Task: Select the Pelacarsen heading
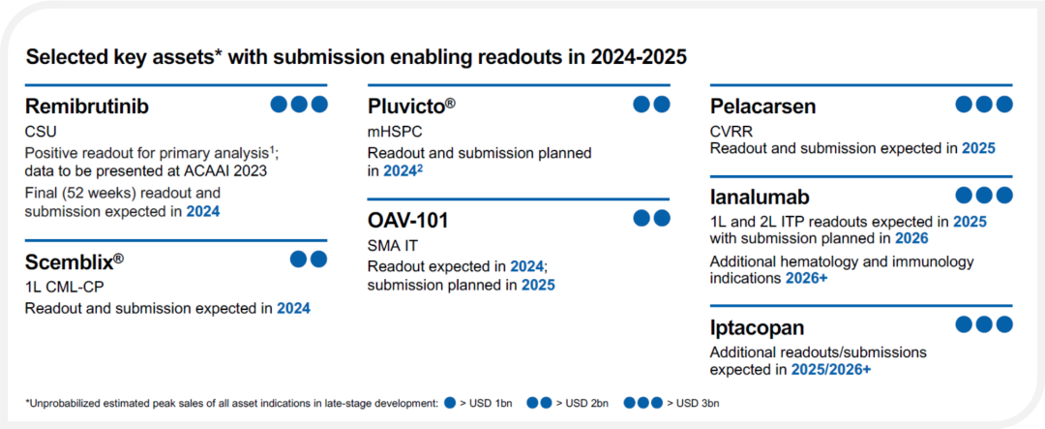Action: (x=763, y=106)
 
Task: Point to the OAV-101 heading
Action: (x=408, y=220)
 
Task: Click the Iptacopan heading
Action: (x=757, y=327)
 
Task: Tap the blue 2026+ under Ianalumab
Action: (x=806, y=278)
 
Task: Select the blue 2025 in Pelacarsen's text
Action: (x=978, y=147)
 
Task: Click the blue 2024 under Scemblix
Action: (x=294, y=309)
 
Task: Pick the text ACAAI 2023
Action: (x=230, y=170)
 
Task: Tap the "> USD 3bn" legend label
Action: (x=695, y=403)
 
